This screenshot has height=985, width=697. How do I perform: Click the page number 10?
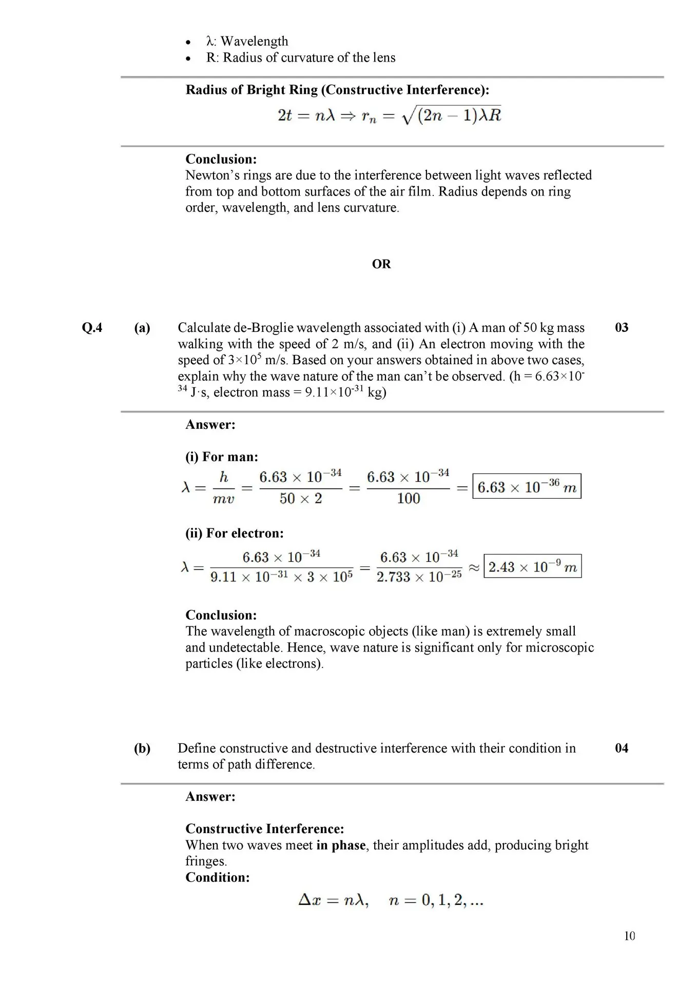tap(629, 936)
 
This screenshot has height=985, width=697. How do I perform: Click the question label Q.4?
tap(92, 328)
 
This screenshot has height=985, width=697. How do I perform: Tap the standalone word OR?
tap(381, 264)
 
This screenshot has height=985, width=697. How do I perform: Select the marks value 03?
tap(621, 328)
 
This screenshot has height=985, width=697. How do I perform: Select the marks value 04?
tap(621, 748)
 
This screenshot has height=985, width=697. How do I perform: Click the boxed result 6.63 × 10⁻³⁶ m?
tap(527, 487)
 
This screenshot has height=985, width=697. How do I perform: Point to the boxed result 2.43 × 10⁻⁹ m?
tap(532, 567)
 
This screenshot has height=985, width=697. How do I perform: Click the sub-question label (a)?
tap(142, 328)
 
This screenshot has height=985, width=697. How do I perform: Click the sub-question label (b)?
tap(142, 748)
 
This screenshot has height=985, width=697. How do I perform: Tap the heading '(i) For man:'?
tap(222, 457)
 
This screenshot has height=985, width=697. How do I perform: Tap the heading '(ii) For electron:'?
tap(234, 534)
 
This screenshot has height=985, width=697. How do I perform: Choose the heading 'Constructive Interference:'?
tap(264, 829)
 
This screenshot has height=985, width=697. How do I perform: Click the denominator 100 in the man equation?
tap(409, 499)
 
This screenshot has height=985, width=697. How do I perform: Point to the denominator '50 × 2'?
tap(300, 499)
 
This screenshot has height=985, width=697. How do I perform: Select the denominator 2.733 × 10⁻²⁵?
tap(419, 577)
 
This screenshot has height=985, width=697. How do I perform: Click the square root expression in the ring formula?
tap(452, 116)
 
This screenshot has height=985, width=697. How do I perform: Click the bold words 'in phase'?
tap(341, 845)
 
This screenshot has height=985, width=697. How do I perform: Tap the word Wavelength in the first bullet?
tap(254, 42)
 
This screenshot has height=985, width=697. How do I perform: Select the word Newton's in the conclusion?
tap(210, 175)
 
